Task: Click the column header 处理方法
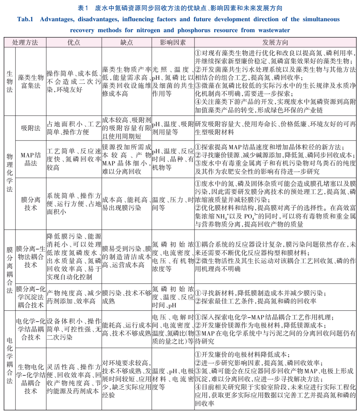tap(25, 42)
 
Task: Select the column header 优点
tap(74, 42)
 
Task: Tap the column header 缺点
tap(127, 42)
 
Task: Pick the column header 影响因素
tap(172, 42)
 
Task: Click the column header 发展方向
tap(275, 42)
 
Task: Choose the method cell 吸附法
tap(31, 128)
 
